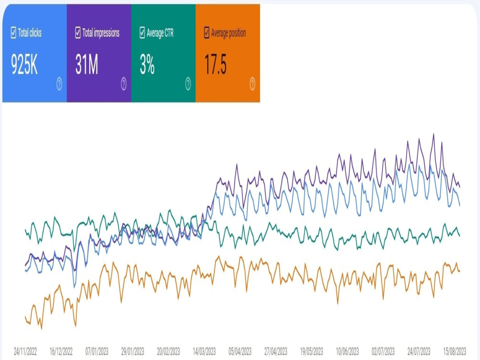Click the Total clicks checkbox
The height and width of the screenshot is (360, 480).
click(13, 33)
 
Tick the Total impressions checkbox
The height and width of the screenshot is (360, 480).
click(78, 33)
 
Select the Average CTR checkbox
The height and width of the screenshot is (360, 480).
click(142, 33)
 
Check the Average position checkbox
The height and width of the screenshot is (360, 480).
click(206, 33)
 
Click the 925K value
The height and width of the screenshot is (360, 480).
click(24, 65)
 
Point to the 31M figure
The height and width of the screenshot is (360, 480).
click(86, 65)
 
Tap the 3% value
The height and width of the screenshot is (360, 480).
click(147, 65)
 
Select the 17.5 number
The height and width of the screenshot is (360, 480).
click(216, 65)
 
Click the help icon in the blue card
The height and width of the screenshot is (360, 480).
click(59, 84)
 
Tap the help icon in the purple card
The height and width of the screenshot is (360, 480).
click(123, 84)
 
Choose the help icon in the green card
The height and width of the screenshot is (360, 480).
click(188, 84)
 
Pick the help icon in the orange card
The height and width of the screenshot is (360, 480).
click(252, 84)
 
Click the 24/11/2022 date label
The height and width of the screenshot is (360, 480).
click(25, 351)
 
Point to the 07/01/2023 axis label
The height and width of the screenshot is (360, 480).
click(97, 351)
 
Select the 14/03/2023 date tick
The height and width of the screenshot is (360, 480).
click(204, 351)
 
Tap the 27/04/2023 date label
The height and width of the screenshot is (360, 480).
click(276, 351)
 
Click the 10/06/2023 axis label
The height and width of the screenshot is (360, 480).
click(347, 351)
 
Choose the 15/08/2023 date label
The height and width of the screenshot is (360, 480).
click(455, 351)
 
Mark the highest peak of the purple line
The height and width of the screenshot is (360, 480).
click(433, 134)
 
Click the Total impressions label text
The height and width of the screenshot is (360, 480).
click(101, 33)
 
